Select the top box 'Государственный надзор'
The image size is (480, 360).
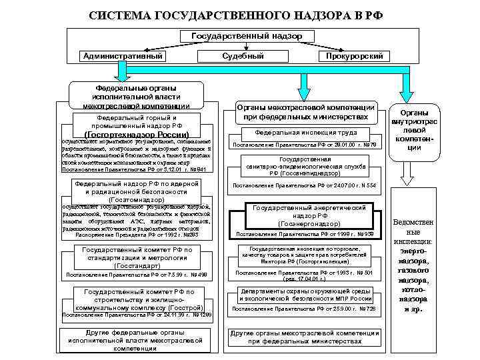[247, 34]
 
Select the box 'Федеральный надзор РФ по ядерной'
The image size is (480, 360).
[135, 190]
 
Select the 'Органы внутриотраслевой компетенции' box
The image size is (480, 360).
[414, 129]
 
